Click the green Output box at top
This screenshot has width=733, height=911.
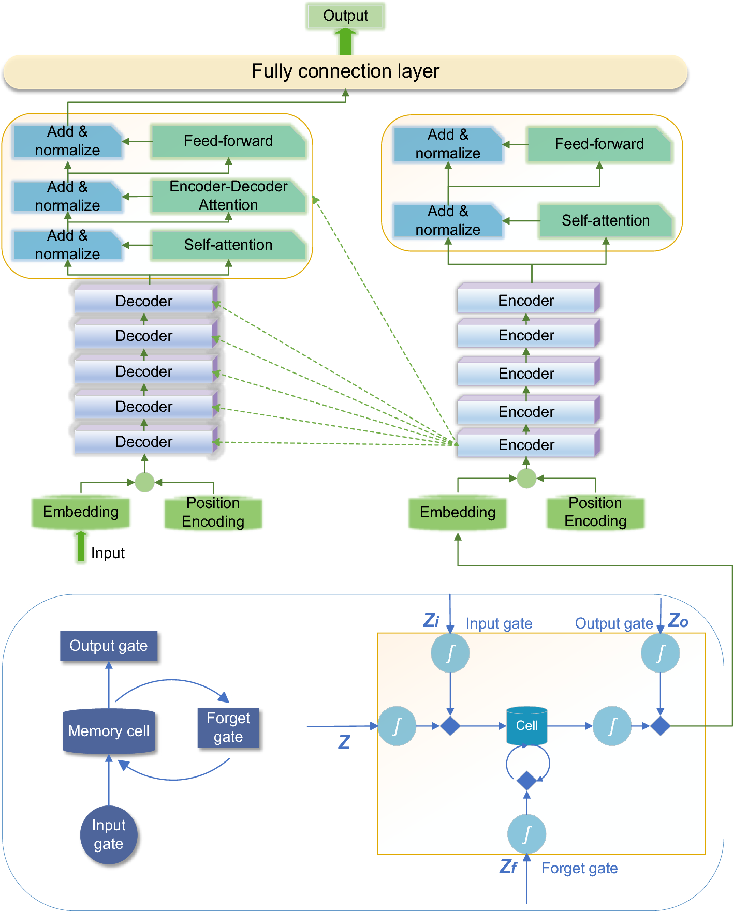tap(345, 16)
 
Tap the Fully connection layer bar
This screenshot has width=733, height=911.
tap(345, 71)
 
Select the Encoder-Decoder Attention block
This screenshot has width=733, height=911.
tap(228, 196)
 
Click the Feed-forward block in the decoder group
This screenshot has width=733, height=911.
tap(228, 141)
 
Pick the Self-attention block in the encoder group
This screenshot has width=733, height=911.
tap(605, 220)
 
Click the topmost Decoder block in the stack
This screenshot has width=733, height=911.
tap(144, 301)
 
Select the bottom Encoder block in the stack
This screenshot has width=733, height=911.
tap(526, 445)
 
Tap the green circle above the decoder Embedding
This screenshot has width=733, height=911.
tap(144, 482)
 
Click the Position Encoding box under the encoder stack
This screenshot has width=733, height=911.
tap(595, 512)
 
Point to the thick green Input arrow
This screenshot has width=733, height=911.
tap(81, 547)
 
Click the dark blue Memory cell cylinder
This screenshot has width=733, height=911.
tap(109, 731)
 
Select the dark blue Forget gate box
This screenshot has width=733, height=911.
tap(228, 727)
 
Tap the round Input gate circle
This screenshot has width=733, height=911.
tap(109, 834)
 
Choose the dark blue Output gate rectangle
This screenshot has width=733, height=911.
tap(109, 646)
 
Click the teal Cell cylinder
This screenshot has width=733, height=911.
tap(526, 725)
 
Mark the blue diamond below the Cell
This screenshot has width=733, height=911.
tap(526, 780)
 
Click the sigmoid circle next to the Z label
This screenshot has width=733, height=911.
tap(397, 726)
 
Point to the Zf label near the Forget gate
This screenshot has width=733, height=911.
tap(508, 867)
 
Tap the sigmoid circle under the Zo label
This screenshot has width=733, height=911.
tap(660, 653)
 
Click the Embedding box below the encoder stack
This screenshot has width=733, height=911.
tap(458, 512)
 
